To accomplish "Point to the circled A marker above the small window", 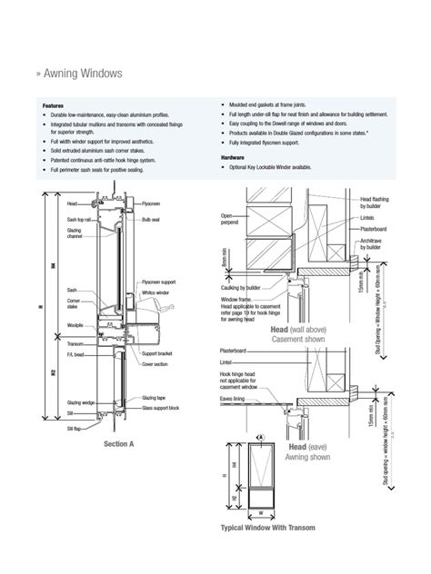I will (261, 437).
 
